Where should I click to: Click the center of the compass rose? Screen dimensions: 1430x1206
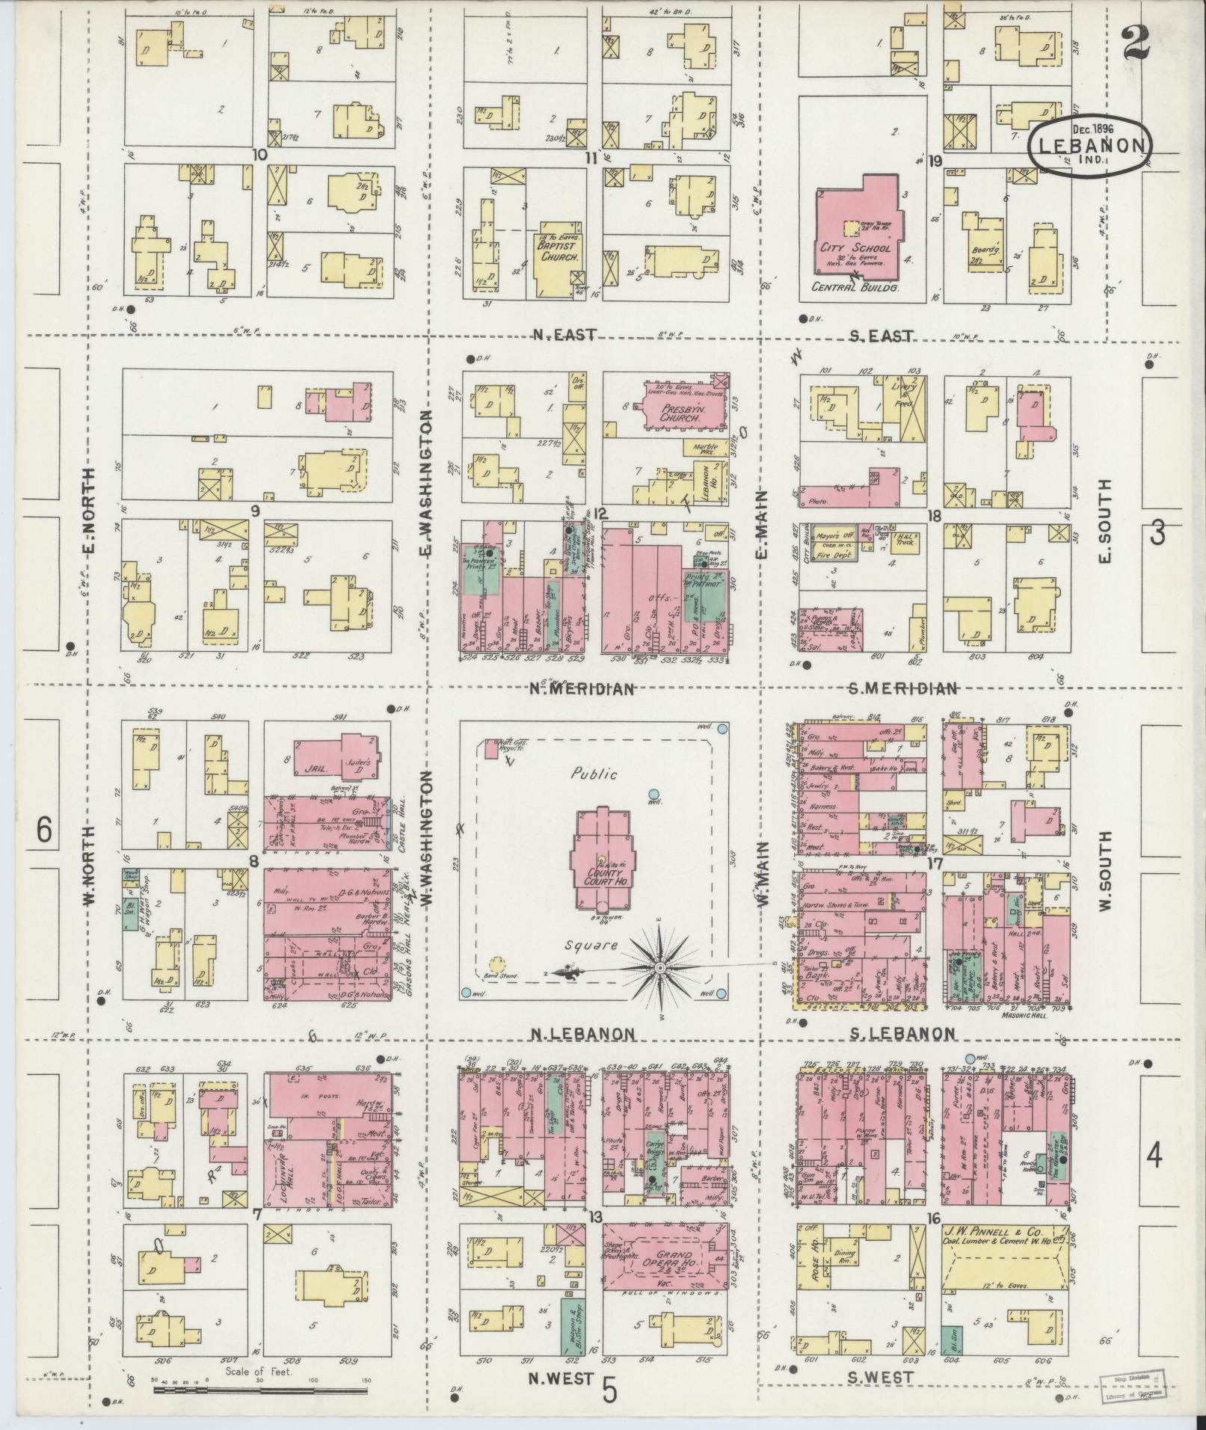tap(660, 969)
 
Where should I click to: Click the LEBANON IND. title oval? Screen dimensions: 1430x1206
tap(1090, 145)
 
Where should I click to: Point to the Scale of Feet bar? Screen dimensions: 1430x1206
tap(261, 1390)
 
